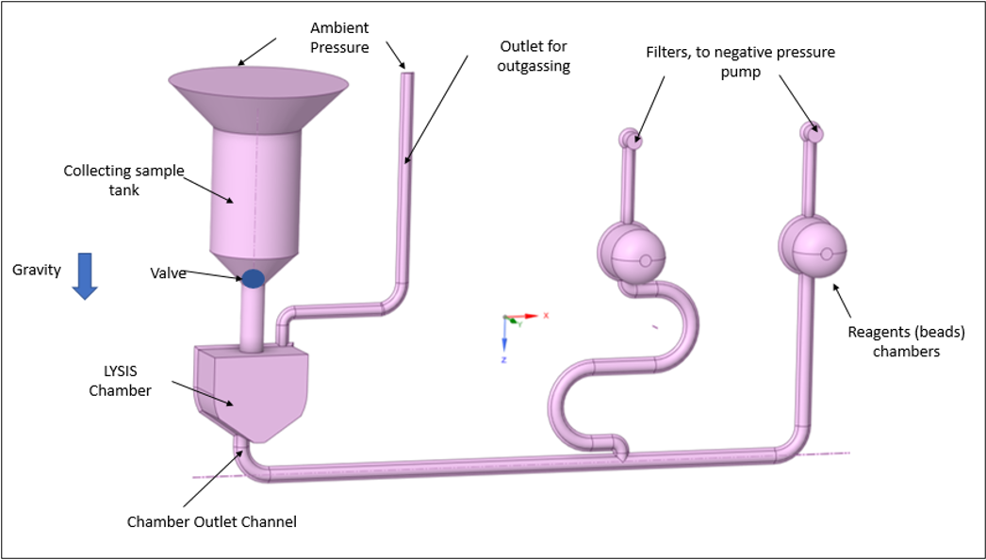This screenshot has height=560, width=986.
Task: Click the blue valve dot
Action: point(253,278)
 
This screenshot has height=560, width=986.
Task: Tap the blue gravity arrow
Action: point(85,275)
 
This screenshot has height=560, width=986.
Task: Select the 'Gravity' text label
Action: point(37,270)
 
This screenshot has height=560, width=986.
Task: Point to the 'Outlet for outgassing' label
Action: point(534,56)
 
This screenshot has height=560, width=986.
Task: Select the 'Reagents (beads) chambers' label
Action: point(907,341)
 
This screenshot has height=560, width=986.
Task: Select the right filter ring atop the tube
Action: point(812,132)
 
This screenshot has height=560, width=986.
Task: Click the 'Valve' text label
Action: point(168,273)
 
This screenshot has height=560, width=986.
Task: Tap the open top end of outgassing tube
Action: point(407,75)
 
